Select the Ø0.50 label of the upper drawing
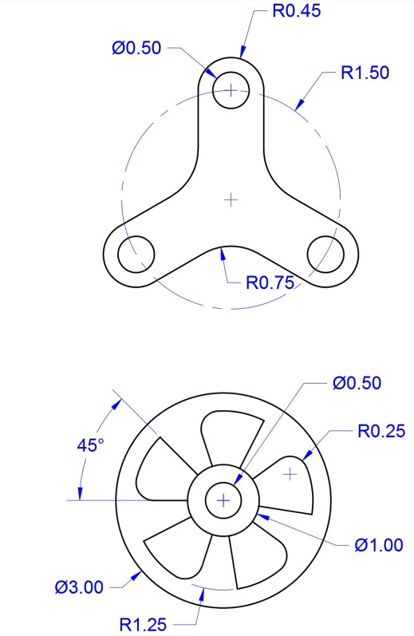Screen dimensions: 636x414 [x=136, y=47]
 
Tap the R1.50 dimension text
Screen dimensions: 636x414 [x=365, y=73]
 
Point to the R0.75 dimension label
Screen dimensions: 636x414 [x=270, y=282]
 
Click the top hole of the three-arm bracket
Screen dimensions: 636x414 [x=231, y=90]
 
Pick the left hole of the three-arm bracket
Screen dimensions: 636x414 [x=136, y=254]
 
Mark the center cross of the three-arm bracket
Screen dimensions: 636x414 [x=231, y=199]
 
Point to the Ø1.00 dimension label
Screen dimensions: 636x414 [x=379, y=545]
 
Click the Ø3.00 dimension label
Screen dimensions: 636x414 [x=79, y=587]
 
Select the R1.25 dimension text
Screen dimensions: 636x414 [x=144, y=623]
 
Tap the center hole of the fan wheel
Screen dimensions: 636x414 [x=223, y=500]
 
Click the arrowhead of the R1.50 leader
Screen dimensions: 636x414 [x=297, y=107]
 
